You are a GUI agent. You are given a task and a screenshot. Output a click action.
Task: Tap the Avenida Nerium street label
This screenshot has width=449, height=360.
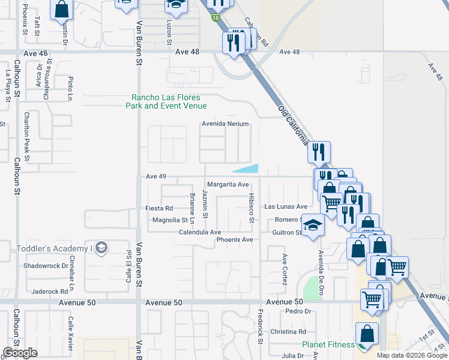pyautogui.click(x=225, y=124)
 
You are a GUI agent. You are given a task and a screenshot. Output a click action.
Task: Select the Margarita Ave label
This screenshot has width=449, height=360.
pyautogui.click(x=228, y=184)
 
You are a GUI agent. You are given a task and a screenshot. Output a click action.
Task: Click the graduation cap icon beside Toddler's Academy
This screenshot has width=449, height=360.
pyautogui.click(x=101, y=248)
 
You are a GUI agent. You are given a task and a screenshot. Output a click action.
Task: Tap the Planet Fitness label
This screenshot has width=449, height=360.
pyautogui.click(x=328, y=344)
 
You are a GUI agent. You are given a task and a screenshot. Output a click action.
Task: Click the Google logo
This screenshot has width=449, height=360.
pyautogui.click(x=20, y=353)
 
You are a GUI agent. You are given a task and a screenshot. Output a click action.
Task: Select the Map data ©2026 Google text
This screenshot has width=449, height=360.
pyautogui.click(x=411, y=355)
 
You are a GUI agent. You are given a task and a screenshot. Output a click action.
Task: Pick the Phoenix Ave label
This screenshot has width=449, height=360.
pyautogui.click(x=235, y=240)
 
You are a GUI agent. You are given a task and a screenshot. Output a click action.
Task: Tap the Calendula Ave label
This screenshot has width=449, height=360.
pyautogui.click(x=200, y=232)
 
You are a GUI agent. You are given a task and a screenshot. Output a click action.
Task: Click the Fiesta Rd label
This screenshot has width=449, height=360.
pyautogui.click(x=159, y=208)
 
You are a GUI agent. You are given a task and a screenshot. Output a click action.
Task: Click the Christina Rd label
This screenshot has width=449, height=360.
pyautogui.click(x=288, y=332)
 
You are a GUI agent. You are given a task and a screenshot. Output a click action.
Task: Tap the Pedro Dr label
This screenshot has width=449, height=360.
pyautogui.click(x=297, y=311)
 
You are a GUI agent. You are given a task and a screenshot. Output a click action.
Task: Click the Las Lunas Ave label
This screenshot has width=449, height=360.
pyautogui.click(x=286, y=206)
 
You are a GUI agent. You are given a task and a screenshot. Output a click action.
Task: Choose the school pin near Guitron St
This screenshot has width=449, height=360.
pyautogui.click(x=312, y=226)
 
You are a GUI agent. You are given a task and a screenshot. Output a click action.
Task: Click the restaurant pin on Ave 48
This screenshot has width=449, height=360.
pyautogui.click(x=234, y=43)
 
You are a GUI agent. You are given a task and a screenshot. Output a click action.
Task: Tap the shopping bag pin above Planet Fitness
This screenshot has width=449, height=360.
pyautogui.click(x=367, y=334)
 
